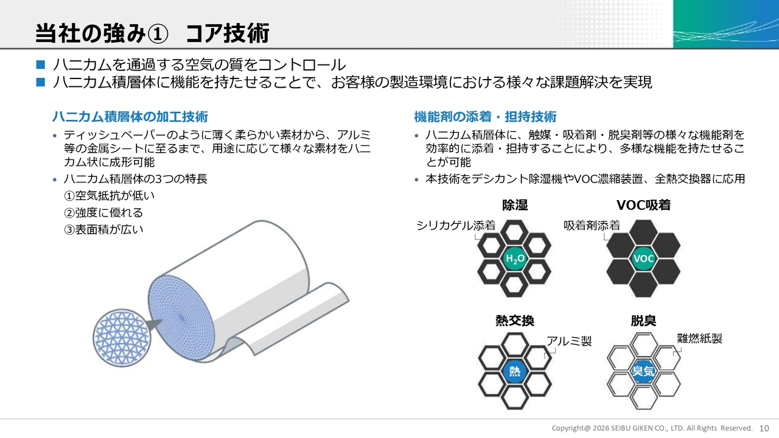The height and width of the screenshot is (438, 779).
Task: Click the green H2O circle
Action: click(x=515, y=259)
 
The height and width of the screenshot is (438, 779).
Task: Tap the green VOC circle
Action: click(x=643, y=259)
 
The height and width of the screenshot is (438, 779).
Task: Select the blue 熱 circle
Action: click(x=515, y=371)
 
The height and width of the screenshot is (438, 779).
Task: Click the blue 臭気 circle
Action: click(x=643, y=371)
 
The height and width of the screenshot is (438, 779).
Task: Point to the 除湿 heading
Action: click(x=515, y=205)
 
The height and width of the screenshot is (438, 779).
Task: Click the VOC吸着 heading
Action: click(x=643, y=205)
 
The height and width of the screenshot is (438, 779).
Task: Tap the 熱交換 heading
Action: click(x=515, y=321)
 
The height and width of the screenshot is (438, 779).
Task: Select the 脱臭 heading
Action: click(x=643, y=321)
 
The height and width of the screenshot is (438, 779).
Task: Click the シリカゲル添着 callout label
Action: click(x=456, y=226)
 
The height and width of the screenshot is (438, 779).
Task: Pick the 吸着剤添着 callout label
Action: click(x=592, y=226)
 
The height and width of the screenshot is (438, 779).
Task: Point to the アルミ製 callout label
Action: click(x=569, y=341)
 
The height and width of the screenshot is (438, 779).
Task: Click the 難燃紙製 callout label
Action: click(x=699, y=338)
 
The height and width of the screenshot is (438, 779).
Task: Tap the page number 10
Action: click(x=764, y=428)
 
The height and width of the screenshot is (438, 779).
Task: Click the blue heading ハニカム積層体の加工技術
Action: click(x=130, y=117)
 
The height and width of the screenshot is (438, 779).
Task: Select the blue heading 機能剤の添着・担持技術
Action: click(x=485, y=117)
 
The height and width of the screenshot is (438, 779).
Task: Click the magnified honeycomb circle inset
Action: click(x=122, y=338)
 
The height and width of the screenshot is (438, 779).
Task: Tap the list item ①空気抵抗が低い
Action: click(x=109, y=196)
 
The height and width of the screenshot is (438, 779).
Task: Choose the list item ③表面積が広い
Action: click(x=103, y=229)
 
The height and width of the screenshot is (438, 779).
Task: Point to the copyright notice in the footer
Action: click(x=652, y=428)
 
